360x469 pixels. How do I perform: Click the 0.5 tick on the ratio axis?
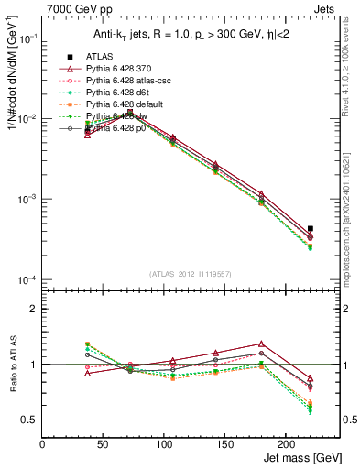coord(29,420)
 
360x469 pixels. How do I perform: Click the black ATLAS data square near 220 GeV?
coord(311,228)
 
